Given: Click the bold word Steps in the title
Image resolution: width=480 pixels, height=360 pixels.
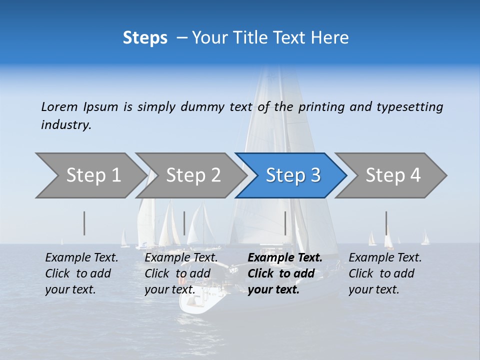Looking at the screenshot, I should point(145,38).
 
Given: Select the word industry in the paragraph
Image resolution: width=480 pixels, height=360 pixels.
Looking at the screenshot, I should point(66,125).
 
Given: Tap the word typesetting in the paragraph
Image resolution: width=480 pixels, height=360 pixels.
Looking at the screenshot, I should point(409,106).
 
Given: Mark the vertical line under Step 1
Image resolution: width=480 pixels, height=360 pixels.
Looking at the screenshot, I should point(84,223).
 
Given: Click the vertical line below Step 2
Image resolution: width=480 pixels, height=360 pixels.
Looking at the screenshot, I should point(184,223).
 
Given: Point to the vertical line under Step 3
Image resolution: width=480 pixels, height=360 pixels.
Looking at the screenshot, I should point(285,223).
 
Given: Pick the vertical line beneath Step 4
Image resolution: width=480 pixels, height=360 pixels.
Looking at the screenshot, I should point(386,223).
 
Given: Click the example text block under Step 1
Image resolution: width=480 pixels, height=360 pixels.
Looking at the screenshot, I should point(81,273).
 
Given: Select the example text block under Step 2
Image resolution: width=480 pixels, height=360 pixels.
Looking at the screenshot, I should point(181,273).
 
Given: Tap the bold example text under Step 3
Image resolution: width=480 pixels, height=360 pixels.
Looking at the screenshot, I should point(285,273).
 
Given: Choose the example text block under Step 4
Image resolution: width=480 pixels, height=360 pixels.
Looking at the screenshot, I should point(385,273).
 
